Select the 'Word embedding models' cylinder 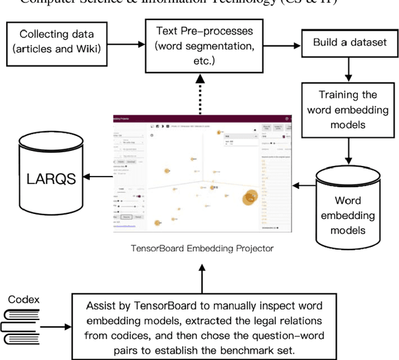click(x=348, y=208)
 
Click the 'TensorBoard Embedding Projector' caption click(x=202, y=248)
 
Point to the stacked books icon click(x=23, y=326)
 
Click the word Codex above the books click(x=24, y=299)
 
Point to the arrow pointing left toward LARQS click(x=96, y=177)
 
